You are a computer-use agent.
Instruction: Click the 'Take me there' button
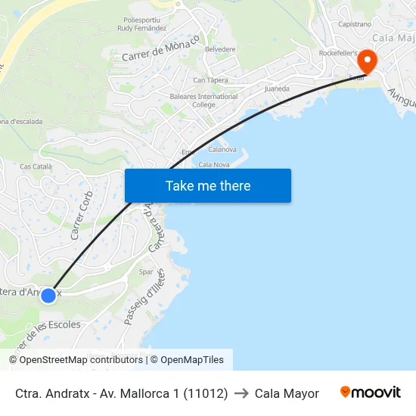208,185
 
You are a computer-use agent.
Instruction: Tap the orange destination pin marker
368,61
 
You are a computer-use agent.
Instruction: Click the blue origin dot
48,295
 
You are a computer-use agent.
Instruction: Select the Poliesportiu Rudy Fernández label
141,24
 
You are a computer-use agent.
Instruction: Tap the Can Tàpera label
211,79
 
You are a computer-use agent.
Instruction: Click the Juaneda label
277,88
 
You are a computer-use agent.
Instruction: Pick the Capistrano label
355,24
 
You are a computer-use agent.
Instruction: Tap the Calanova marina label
222,150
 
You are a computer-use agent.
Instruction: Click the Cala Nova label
214,164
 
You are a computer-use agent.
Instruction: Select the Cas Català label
36,166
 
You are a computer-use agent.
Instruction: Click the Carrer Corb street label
82,216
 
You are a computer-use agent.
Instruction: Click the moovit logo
370,393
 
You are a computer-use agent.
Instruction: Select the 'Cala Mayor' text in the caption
287,393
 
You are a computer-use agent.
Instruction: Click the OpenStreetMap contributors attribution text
76,360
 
